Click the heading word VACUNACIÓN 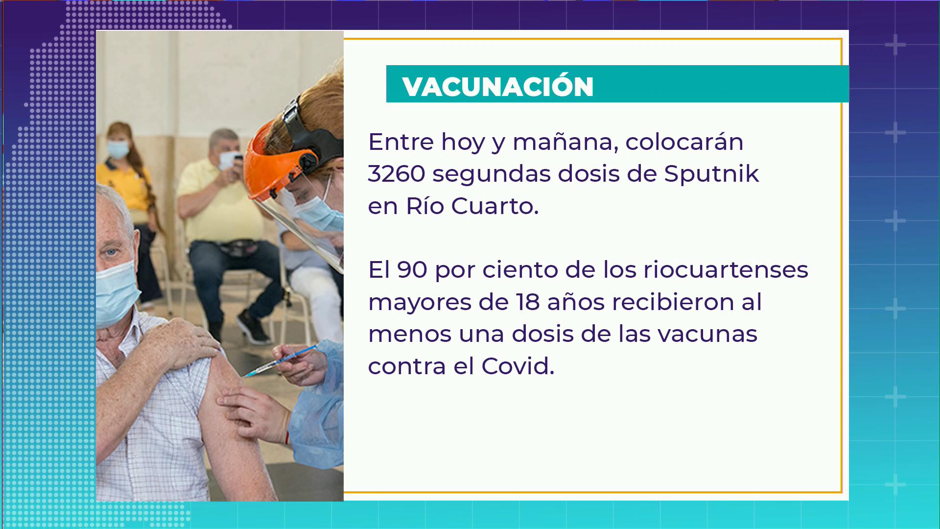tap(498, 86)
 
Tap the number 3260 tap(397, 173)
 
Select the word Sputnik tap(711, 173)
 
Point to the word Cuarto tap(494, 206)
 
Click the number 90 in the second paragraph tap(412, 269)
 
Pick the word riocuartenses tap(726, 269)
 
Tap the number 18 tap(528, 302)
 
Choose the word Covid tap(517, 366)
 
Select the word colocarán tap(684, 142)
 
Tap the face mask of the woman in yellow tap(117, 149)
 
